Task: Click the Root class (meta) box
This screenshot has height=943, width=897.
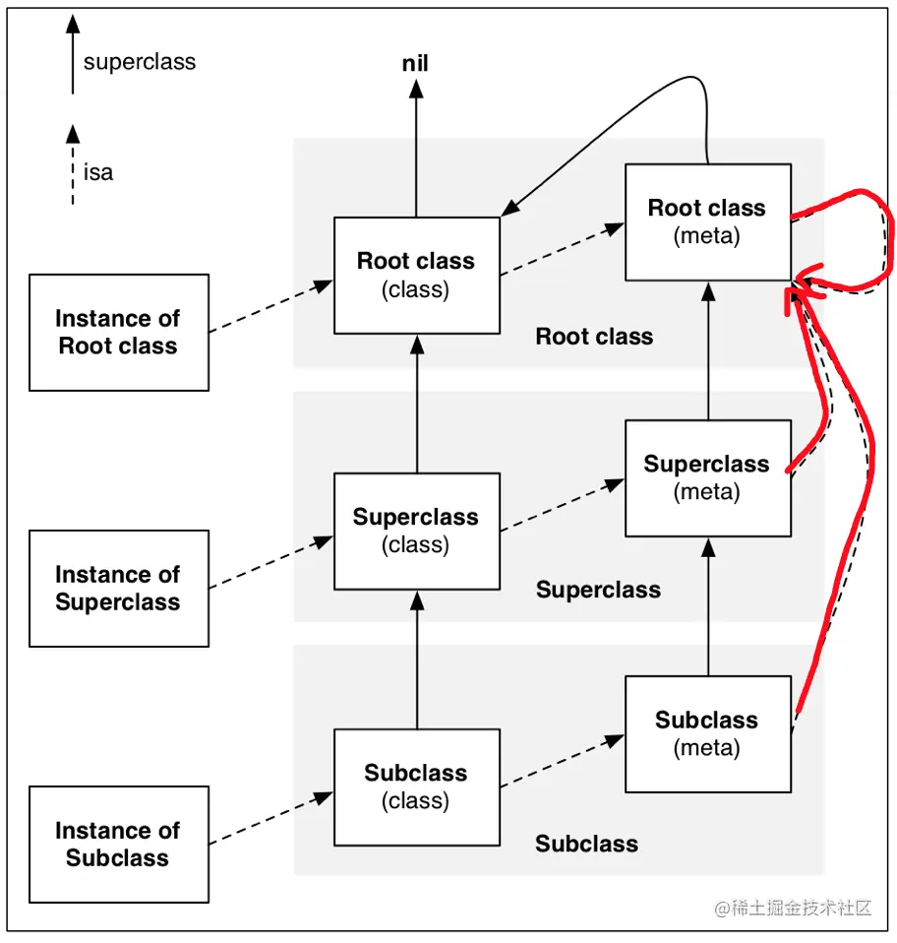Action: click(x=707, y=222)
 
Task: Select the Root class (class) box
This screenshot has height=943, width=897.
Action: click(x=416, y=275)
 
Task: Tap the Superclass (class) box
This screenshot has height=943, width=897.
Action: click(x=416, y=531)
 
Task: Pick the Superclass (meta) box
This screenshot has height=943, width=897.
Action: click(x=707, y=477)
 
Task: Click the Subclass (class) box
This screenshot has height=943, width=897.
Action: click(x=416, y=786)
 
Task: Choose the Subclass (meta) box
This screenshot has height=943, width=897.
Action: click(x=707, y=733)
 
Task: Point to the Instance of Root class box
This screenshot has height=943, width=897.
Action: click(x=118, y=333)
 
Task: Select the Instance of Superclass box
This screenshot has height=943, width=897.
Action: click(x=118, y=589)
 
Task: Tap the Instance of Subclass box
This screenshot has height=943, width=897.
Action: click(x=118, y=845)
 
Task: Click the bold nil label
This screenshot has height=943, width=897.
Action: click(x=416, y=65)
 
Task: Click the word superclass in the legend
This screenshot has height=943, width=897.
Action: click(x=139, y=62)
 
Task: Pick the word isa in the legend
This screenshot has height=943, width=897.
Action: click(x=98, y=173)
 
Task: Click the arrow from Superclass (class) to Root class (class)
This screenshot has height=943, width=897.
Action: click(x=416, y=404)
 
